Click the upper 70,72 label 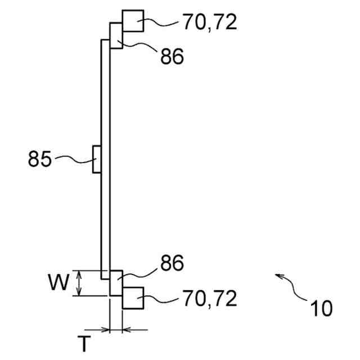click(209, 22)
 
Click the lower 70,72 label click(209, 298)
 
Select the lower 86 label click(172, 263)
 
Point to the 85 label click(39, 160)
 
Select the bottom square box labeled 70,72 click(133, 298)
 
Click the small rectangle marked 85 click(97, 160)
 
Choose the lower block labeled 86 click(116, 283)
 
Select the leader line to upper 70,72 click(162, 24)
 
